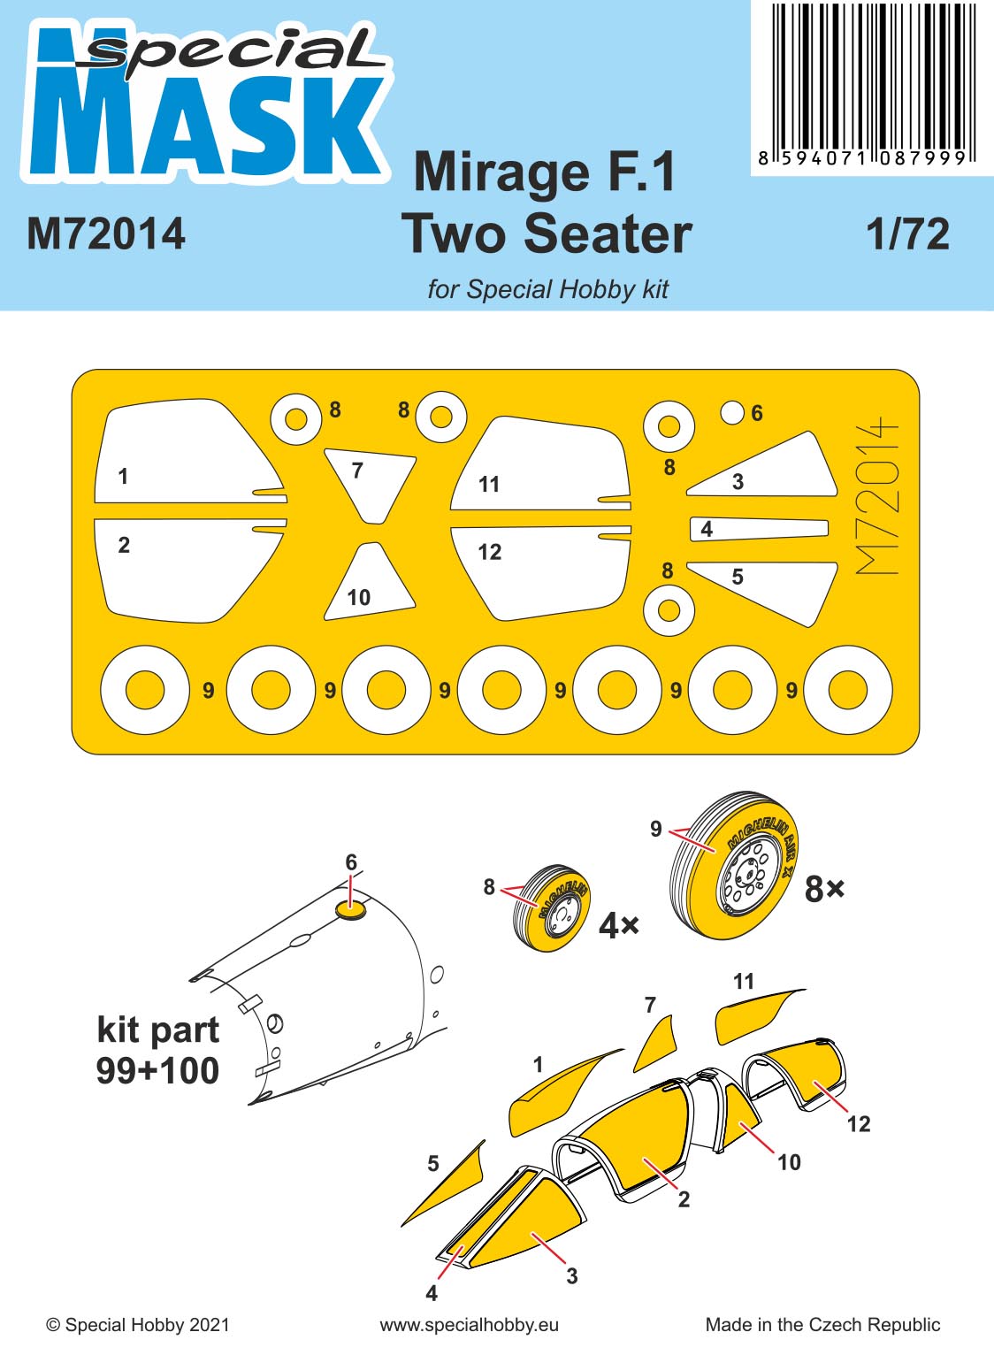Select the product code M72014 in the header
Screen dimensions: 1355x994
(x=106, y=234)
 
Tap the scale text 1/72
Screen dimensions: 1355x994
(x=907, y=234)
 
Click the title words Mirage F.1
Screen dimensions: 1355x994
(x=545, y=172)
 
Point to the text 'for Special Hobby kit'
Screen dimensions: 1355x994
(x=547, y=289)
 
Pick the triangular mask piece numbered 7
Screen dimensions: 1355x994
(x=370, y=482)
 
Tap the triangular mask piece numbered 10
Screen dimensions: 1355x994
(x=370, y=584)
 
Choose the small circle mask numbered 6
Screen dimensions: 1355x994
(x=732, y=412)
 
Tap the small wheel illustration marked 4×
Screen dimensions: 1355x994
(x=551, y=907)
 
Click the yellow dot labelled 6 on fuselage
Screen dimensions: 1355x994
(x=350, y=908)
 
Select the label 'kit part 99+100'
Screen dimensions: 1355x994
(x=157, y=1050)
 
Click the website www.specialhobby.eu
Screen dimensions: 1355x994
(x=469, y=1324)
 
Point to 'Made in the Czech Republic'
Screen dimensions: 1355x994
(x=822, y=1324)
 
